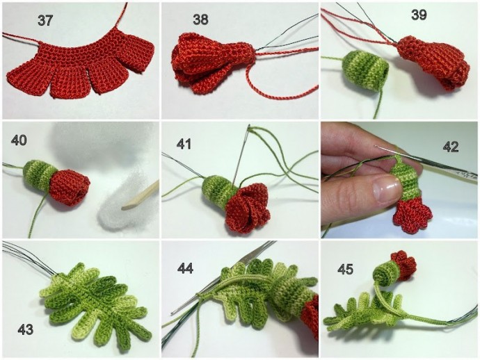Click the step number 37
45,20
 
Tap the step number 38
201,19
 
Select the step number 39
419,15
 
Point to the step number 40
19,140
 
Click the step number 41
184,144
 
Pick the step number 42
451,147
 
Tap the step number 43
26,329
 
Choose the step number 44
186,268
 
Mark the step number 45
346,269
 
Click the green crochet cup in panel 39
365,72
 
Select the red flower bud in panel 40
69,187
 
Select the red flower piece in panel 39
435,63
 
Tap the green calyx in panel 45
386,272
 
